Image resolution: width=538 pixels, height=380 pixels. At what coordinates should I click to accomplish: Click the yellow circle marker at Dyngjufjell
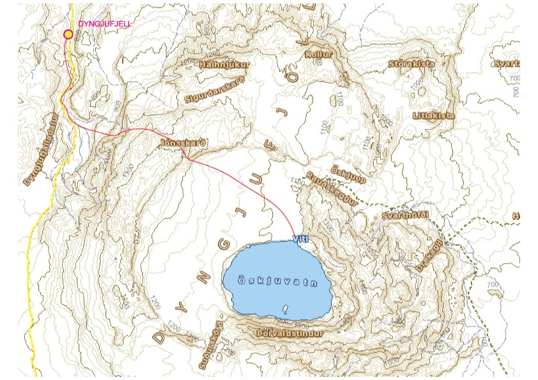68,34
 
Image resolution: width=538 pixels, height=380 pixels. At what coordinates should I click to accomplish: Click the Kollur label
319,55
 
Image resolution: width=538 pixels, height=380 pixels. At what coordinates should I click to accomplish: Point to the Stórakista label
411,64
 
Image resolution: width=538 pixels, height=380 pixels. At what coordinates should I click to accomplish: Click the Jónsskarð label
184,142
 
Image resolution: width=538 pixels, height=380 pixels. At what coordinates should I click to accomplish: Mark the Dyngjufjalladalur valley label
45,149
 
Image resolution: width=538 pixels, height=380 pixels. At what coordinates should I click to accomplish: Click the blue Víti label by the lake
301,238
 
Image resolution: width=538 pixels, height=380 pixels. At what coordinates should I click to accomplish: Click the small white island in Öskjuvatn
285,308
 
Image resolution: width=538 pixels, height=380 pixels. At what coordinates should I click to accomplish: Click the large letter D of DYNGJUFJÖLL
158,337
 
